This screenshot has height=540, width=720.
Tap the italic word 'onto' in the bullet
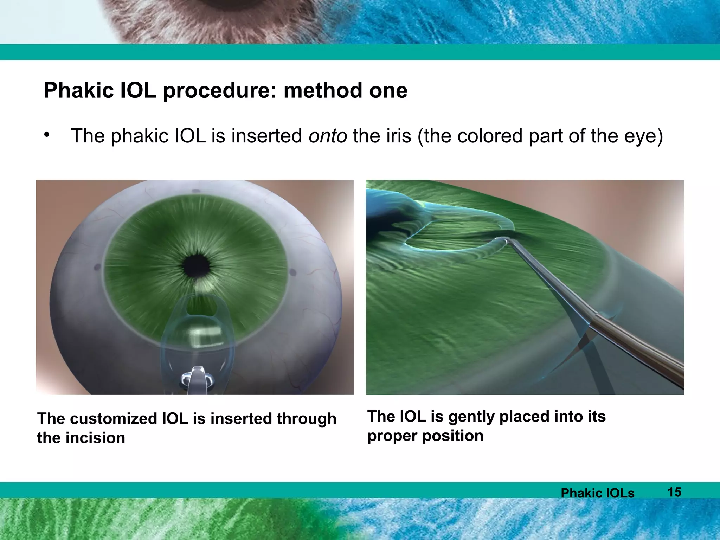click(x=328, y=136)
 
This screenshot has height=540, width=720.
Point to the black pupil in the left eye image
click(x=197, y=266)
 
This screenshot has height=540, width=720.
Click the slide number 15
click(x=674, y=492)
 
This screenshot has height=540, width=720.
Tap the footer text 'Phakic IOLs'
click(x=597, y=493)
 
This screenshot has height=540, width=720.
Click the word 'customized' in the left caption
click(x=114, y=419)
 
